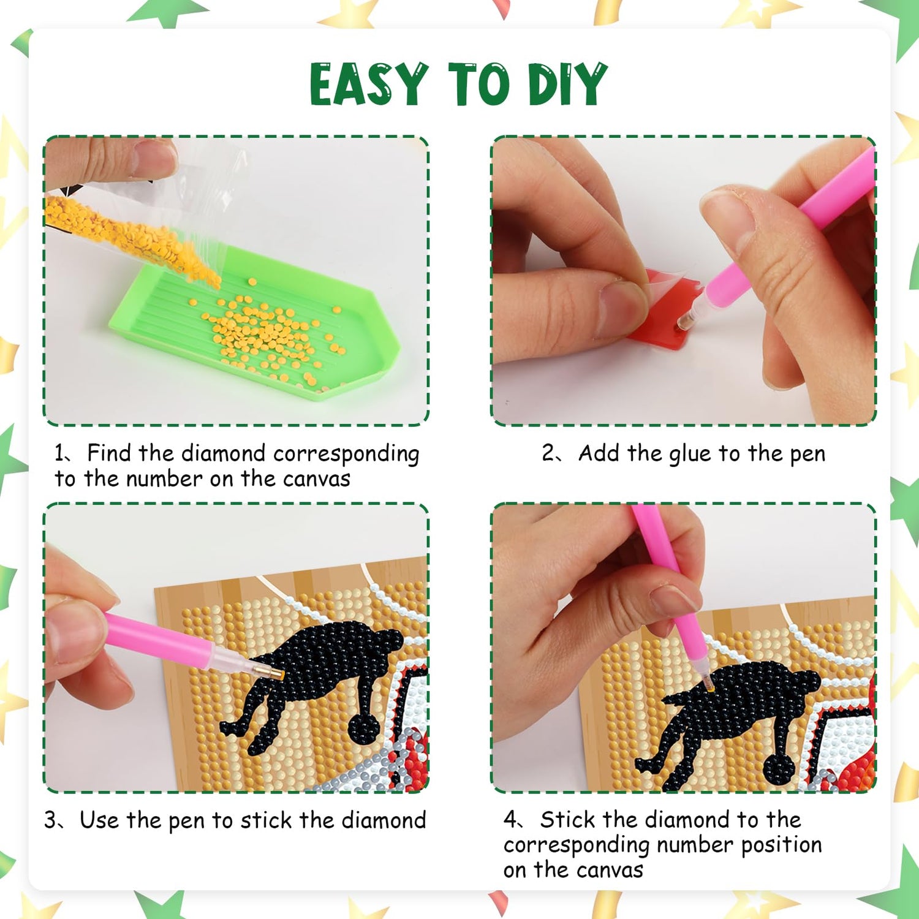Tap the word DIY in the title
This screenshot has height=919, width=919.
(568, 84)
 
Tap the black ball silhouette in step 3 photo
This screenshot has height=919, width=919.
(365, 727)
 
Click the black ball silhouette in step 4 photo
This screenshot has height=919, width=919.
(781, 771)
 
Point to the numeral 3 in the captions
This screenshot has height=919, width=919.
(50, 820)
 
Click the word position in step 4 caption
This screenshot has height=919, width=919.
(781, 845)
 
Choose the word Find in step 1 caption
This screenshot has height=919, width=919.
(109, 453)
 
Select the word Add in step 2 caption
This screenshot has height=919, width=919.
(599, 453)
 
